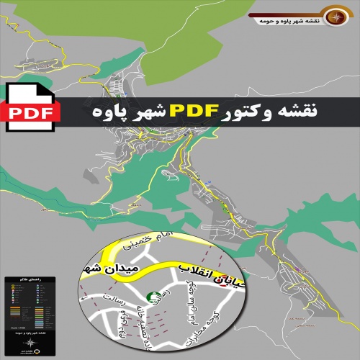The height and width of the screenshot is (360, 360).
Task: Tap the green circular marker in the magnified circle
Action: coord(153,296)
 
